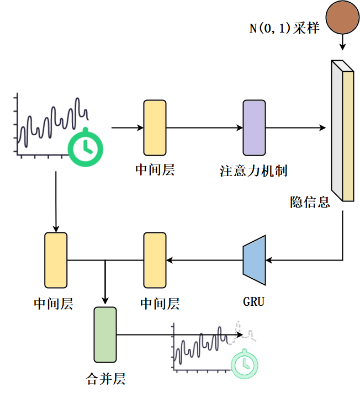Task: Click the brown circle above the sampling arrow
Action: pos(342,17)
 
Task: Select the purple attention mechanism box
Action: pos(254,128)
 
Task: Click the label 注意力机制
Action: pos(253,171)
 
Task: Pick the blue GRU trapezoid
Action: pos(254,260)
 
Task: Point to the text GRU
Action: pos(253,301)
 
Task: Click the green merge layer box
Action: pos(105,334)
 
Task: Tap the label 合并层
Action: pos(105,379)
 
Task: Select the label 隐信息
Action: pos(310,202)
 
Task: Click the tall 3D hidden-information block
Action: pos(342,131)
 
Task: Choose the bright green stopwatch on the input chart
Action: pos(86,147)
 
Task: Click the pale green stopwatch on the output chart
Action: pos(245,364)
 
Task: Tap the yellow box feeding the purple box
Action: pos(155,128)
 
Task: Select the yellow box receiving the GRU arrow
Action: pos(155,260)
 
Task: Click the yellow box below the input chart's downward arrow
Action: pos(56,260)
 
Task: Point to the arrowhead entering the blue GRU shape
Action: pos(269,260)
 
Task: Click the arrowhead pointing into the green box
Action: pos(105,301)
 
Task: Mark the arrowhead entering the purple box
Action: pos(240,128)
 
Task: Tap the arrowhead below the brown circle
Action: pos(342,47)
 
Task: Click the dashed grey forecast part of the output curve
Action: pos(242,332)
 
